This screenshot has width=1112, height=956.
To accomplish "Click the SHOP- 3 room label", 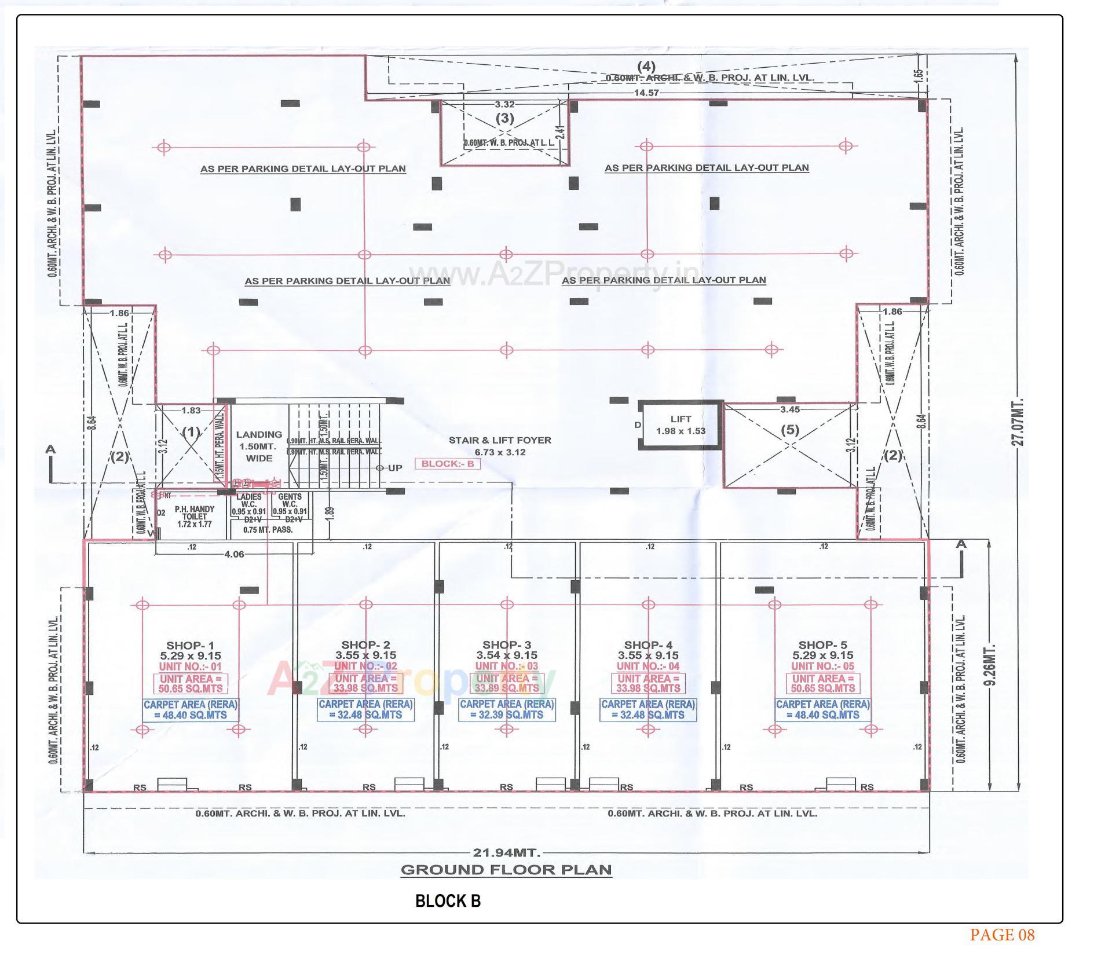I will [x=506, y=644].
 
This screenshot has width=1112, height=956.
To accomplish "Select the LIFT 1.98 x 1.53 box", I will [x=681, y=425].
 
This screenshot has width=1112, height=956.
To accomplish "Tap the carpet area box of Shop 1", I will [x=191, y=709].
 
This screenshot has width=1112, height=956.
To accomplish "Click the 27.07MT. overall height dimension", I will [x=1018, y=422].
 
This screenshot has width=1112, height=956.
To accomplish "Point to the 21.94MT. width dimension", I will [x=506, y=852].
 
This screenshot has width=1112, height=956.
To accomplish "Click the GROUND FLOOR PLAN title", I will [x=506, y=870].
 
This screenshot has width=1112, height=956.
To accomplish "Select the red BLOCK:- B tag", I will [x=448, y=464].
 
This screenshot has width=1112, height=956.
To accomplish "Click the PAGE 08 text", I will [x=1002, y=935].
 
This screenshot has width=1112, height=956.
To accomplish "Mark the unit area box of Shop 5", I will [x=822, y=683].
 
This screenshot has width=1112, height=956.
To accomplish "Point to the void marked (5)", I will [x=790, y=430].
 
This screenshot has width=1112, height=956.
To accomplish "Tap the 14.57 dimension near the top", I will [x=646, y=93].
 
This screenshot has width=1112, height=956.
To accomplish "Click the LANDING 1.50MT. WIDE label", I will [x=259, y=446].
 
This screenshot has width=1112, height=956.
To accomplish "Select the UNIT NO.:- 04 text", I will [x=648, y=666].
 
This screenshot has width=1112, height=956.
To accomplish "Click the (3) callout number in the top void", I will [x=504, y=118].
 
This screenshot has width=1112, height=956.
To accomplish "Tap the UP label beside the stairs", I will [x=395, y=468].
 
